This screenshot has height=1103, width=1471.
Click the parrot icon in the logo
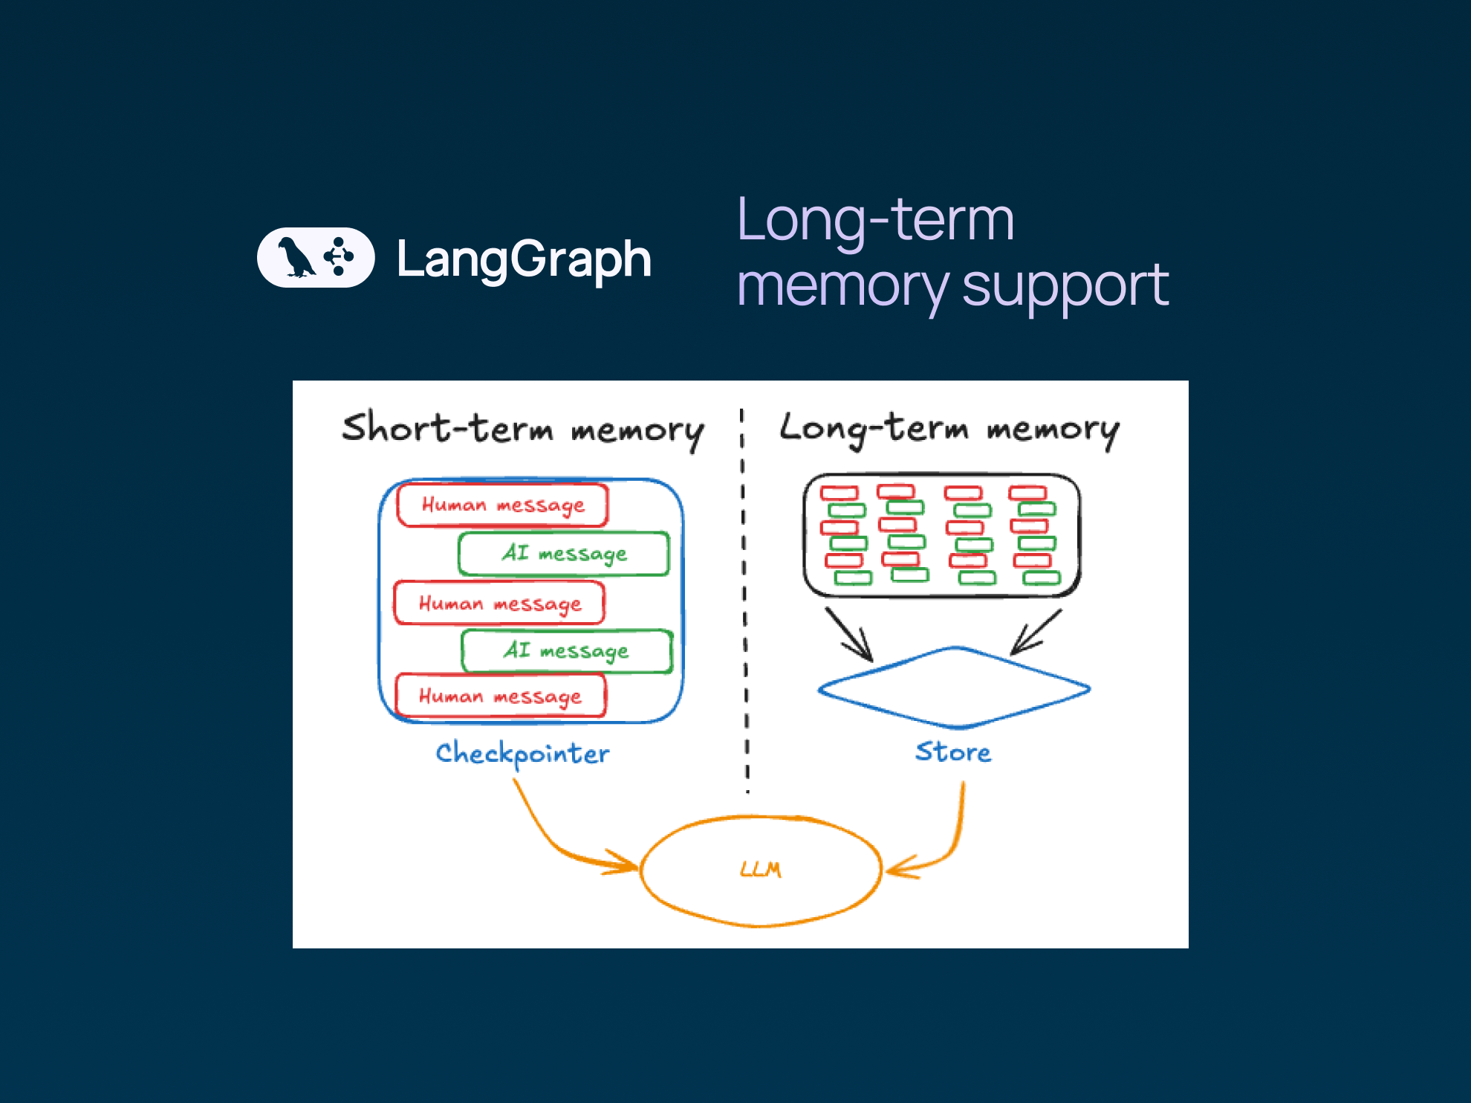295,258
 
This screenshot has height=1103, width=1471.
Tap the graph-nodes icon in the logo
339,256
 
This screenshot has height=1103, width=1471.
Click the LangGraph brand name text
524,259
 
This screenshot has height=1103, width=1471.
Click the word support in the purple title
1065,286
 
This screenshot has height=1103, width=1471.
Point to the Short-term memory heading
522,430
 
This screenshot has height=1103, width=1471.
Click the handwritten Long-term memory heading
949,429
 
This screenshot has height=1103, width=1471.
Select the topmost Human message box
503,505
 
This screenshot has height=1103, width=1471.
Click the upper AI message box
564,554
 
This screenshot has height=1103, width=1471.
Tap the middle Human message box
499,604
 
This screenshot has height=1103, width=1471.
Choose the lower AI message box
566,651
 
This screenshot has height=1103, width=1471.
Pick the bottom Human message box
500,696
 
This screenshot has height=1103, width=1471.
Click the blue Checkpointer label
522,754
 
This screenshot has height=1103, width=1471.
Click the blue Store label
953,751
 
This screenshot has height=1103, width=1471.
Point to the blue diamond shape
955,688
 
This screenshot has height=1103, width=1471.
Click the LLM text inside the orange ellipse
761,870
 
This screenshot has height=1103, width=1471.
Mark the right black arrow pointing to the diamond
1036,633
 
